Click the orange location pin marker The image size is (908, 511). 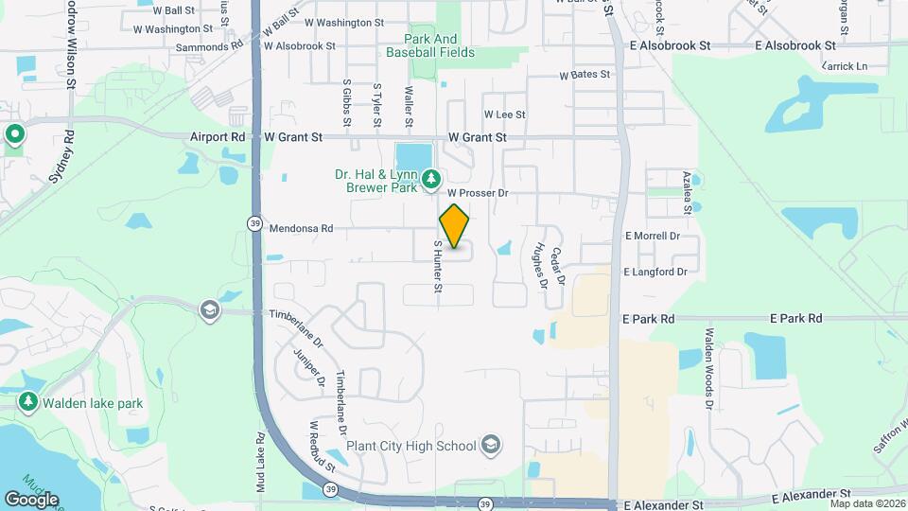(x=455, y=226)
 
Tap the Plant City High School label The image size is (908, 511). (x=410, y=445)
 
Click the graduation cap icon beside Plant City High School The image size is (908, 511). (x=490, y=444)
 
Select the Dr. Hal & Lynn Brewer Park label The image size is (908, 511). (x=375, y=180)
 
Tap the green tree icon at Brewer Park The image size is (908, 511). (x=431, y=178)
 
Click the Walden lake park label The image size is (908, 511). (x=92, y=403)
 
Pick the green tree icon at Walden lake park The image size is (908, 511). (x=27, y=402)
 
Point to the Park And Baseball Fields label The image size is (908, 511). (x=430, y=45)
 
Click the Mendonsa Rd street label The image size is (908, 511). (x=302, y=228)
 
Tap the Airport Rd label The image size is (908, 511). (x=217, y=137)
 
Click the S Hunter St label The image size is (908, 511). (x=438, y=266)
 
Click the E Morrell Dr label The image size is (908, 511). (x=652, y=236)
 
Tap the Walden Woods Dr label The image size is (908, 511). (x=708, y=369)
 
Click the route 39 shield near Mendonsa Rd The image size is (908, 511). (x=254, y=223)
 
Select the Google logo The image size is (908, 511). (x=31, y=499)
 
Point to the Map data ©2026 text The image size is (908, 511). (x=866, y=503)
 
